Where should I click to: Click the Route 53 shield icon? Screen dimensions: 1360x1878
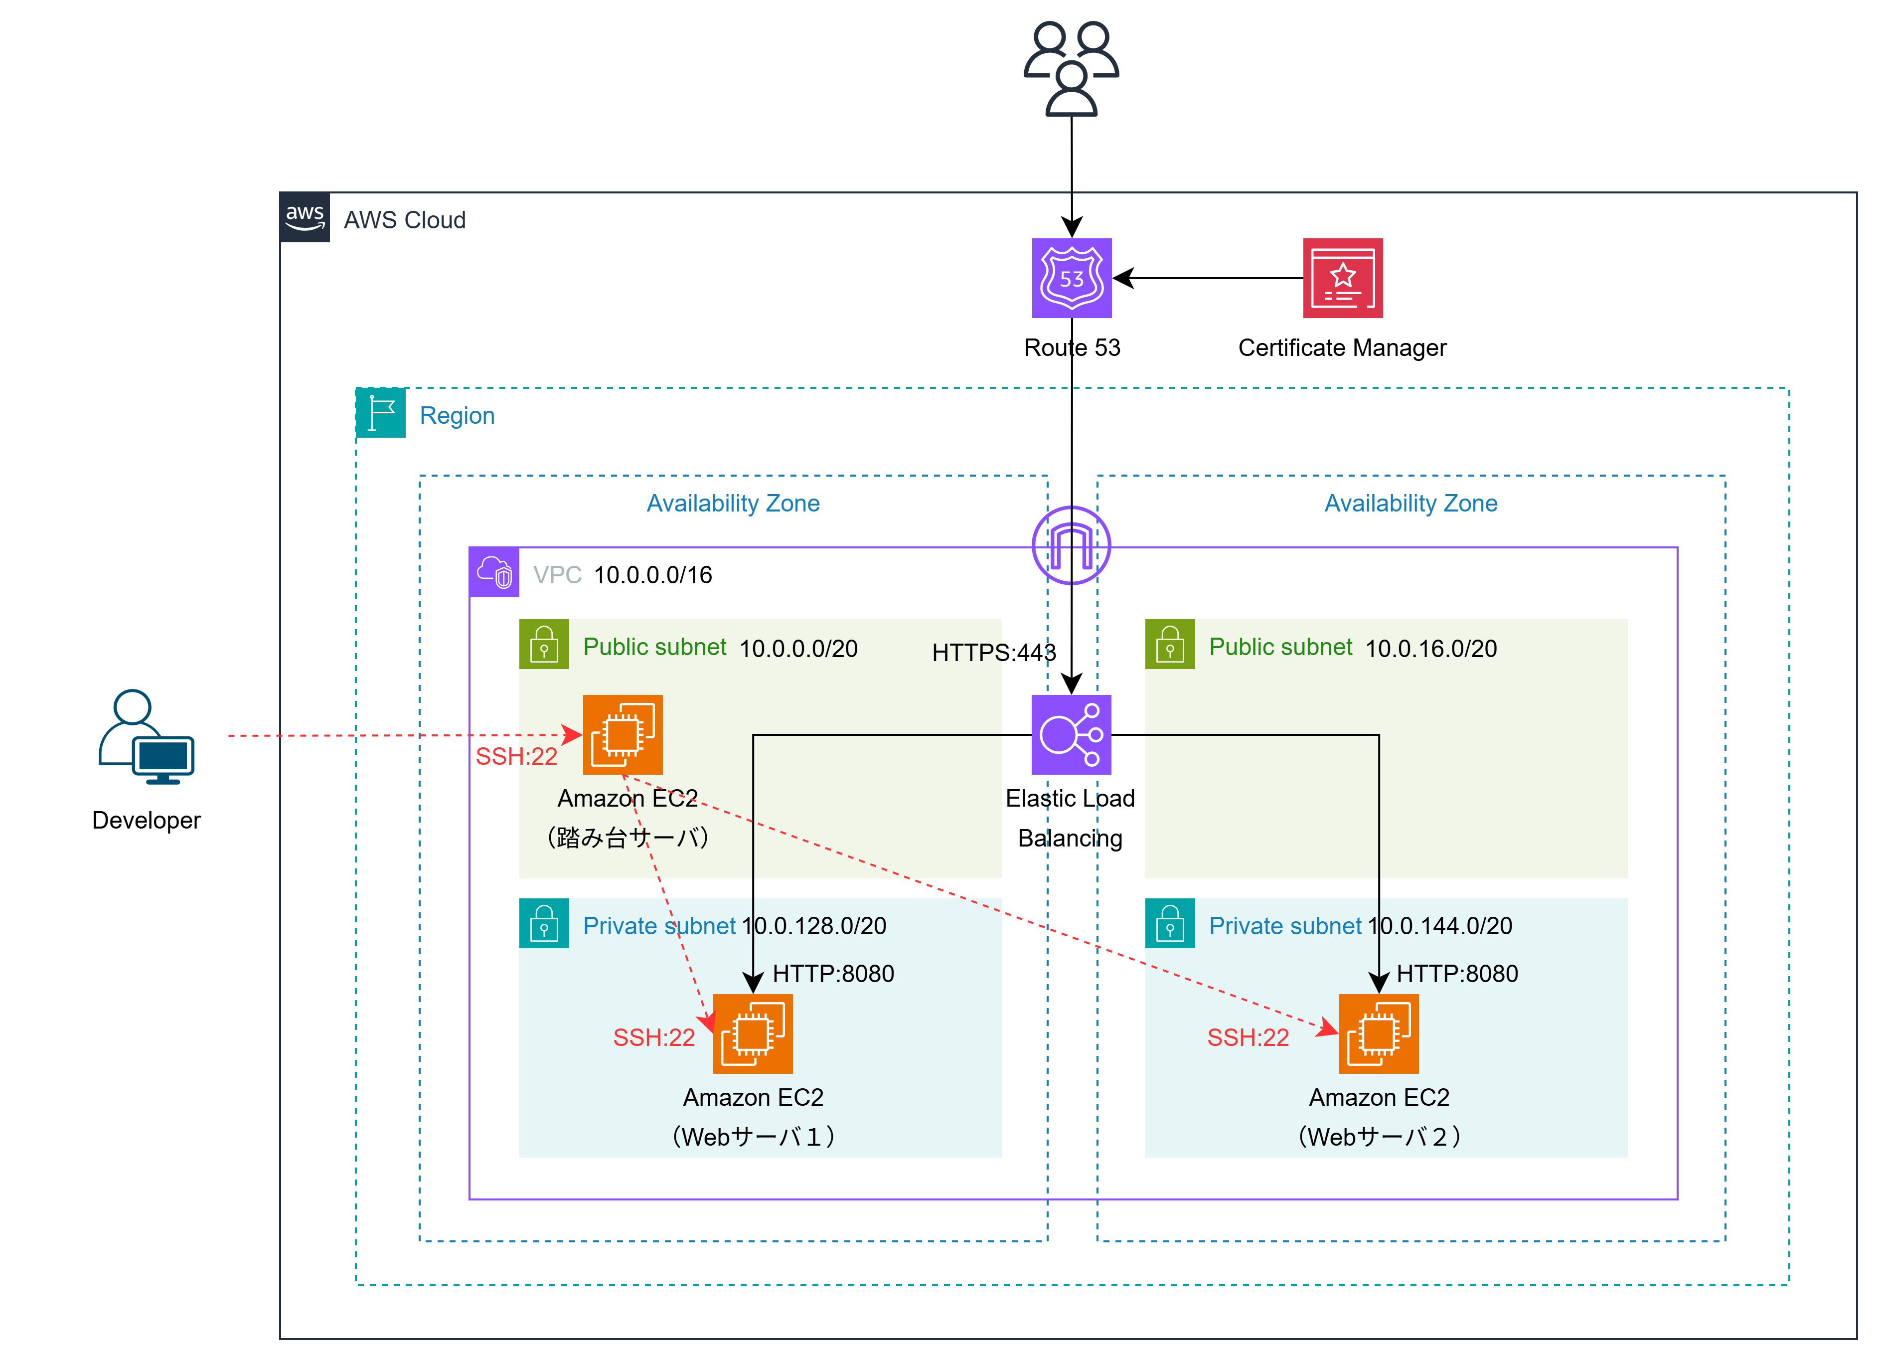(1072, 278)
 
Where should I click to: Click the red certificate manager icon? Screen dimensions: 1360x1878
(1342, 278)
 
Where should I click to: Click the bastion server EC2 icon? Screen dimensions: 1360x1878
(623, 735)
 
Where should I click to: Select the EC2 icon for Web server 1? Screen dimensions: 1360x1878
(753, 1033)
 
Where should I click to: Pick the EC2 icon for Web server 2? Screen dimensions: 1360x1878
(1379, 1033)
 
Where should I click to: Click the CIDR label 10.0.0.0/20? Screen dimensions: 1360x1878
(798, 649)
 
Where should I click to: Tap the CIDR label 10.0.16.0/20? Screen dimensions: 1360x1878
(1431, 649)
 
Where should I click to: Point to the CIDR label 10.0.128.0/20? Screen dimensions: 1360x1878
(814, 926)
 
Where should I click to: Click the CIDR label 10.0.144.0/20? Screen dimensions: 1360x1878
(1440, 926)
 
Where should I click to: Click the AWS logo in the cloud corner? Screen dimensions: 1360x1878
(305, 218)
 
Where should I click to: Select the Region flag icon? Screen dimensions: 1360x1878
(381, 412)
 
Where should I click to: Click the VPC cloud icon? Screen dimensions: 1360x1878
(494, 572)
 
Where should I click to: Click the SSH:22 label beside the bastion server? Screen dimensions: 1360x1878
(516, 756)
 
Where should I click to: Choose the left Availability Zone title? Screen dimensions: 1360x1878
(733, 504)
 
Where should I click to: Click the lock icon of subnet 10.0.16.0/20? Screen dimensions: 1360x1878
(1170, 645)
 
